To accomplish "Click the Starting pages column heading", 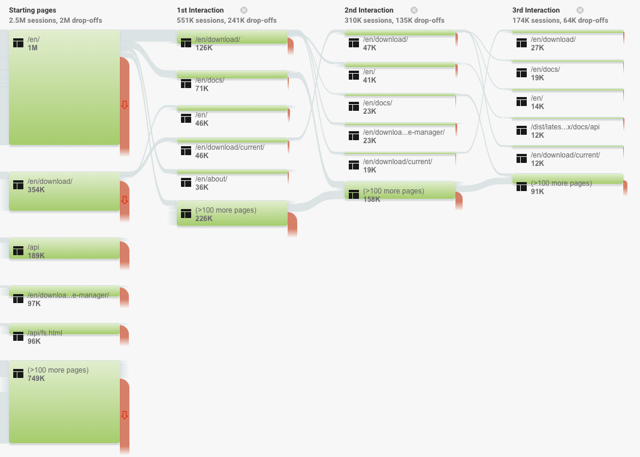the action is click(x=32, y=10).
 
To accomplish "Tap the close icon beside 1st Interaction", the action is click(x=244, y=10).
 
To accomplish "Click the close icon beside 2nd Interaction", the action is click(x=414, y=10).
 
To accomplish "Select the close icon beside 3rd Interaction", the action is click(x=580, y=10).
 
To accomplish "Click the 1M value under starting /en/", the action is click(x=32, y=48).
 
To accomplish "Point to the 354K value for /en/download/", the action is click(x=37, y=190).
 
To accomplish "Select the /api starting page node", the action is click(x=64, y=249).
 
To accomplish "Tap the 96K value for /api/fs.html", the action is click(x=34, y=341).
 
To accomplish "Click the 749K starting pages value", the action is click(x=37, y=379).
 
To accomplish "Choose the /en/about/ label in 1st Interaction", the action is click(x=211, y=178).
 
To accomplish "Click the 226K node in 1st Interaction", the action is click(x=232, y=213).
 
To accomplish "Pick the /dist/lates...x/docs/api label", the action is click(x=565, y=127).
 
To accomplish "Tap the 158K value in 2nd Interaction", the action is click(x=372, y=199).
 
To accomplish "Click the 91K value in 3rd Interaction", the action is click(x=538, y=192).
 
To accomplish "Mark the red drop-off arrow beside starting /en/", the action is click(x=125, y=105).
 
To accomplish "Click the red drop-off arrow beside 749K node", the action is click(x=125, y=416).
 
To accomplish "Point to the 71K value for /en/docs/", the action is click(x=202, y=89).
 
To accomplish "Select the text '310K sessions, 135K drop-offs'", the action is click(x=394, y=20).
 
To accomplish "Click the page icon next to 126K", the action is click(x=186, y=43).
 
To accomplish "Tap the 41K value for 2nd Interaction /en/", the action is click(x=370, y=80).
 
